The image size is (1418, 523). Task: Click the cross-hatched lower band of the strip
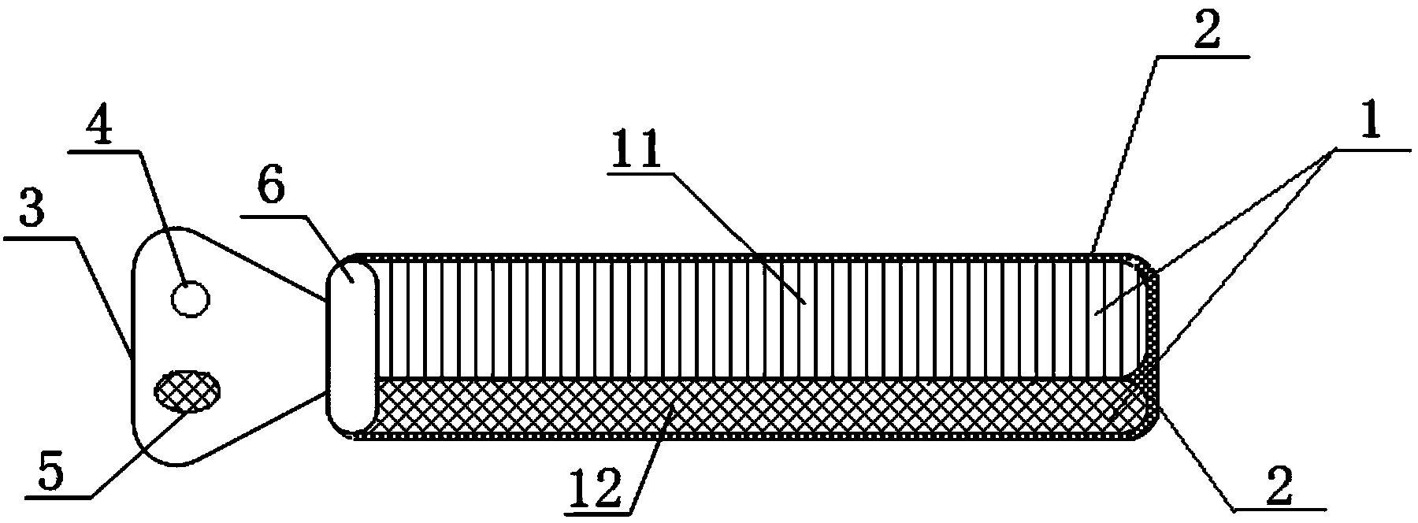[756, 406]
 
